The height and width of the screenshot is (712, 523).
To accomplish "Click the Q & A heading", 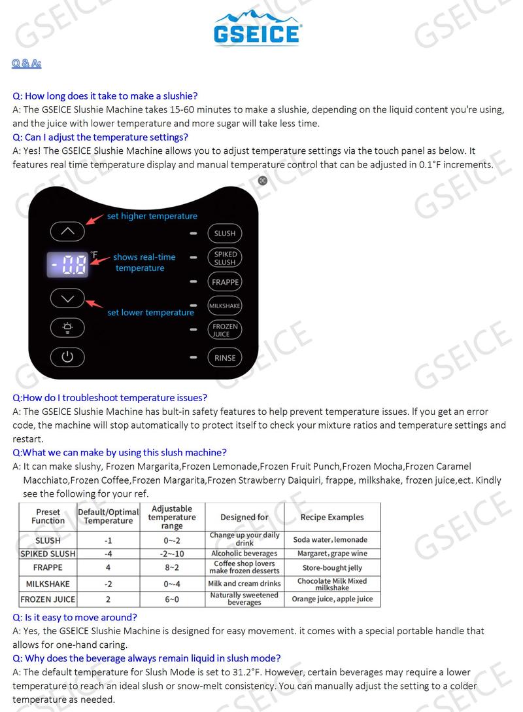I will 27,63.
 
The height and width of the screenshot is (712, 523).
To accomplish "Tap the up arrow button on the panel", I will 68,231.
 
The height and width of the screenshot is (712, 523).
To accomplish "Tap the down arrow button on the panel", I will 68,298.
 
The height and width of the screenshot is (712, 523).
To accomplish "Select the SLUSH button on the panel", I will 225,233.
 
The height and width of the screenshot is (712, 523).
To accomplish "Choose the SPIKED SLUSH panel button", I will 225,258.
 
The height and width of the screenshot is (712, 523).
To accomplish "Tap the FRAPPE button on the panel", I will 225,282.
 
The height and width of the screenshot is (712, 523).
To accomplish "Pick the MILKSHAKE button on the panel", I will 225,306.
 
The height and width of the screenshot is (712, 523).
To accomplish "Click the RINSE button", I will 225,358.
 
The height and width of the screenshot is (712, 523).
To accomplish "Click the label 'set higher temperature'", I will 152,216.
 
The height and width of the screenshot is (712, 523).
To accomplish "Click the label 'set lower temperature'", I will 150,313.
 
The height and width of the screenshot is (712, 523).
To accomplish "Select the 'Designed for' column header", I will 245,517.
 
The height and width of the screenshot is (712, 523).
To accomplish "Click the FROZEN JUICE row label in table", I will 48,599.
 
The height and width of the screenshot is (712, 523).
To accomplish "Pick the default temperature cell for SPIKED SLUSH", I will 108,554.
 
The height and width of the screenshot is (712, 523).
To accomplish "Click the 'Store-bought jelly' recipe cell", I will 332,568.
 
